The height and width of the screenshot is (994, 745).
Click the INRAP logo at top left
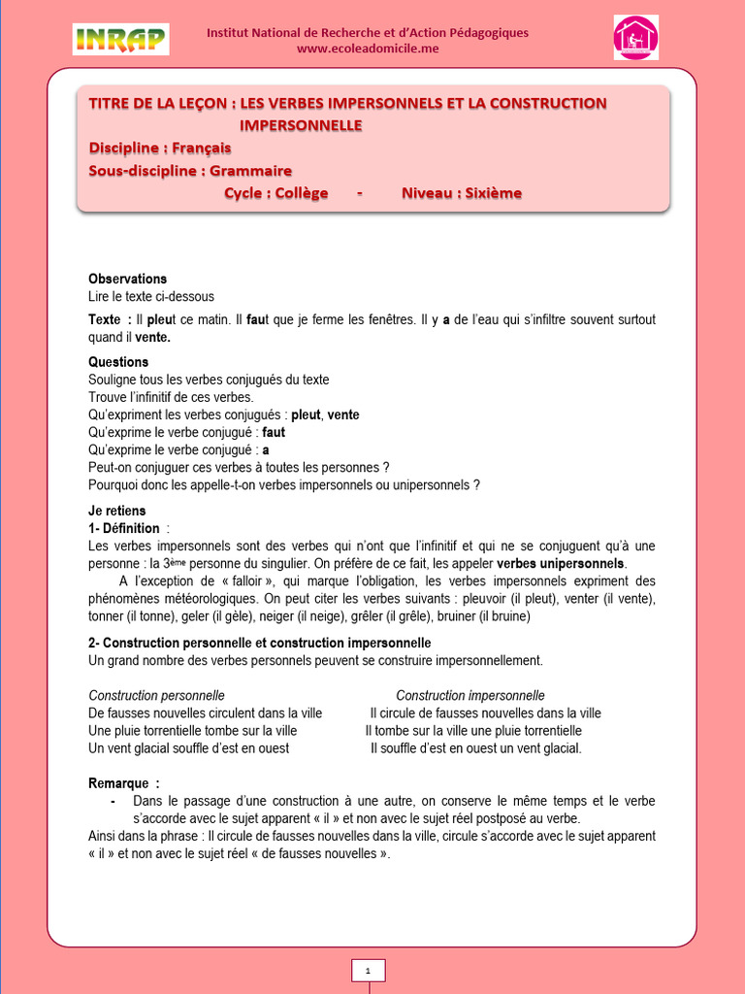[120, 40]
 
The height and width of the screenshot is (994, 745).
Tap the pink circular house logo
[635, 38]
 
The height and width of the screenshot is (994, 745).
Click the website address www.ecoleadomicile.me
[368, 50]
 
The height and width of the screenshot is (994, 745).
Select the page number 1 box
[368, 970]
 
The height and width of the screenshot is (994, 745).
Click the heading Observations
[127, 279]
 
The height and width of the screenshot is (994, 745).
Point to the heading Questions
[118, 362]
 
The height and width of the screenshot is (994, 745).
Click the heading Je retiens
[116, 511]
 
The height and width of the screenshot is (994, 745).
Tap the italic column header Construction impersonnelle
[470, 696]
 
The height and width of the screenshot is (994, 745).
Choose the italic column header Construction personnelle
[156, 696]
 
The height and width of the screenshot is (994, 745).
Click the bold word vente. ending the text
[152, 338]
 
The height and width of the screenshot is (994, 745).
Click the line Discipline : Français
[160, 149]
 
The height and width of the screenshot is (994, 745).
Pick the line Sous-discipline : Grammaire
[190, 171]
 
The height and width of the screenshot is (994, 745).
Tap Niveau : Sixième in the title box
[461, 193]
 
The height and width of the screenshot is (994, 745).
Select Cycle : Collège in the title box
[276, 193]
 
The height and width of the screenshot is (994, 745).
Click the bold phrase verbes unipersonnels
[561, 563]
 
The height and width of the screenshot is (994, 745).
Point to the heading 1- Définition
[124, 528]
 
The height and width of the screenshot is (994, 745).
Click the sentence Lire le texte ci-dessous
[151, 296]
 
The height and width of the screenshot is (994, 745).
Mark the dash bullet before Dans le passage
[114, 801]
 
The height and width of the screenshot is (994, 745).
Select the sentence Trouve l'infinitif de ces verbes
[171, 397]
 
